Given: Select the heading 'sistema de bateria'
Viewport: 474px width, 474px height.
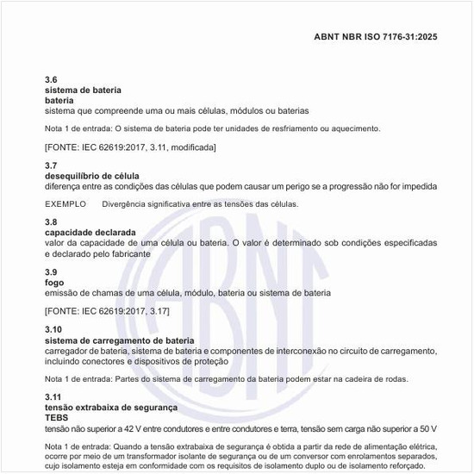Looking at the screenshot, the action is [83, 90].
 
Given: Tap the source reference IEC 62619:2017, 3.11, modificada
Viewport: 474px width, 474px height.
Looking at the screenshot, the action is [130, 148].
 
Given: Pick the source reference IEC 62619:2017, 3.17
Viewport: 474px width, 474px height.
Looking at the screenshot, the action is [107, 310].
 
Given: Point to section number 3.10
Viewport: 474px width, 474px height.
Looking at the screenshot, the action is [53, 330].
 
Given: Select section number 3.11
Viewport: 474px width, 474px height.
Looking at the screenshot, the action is [53, 396].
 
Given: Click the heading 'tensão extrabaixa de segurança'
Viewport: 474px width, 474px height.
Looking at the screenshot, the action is [110, 407].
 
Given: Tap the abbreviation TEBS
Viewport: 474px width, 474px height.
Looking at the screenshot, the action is [56, 417].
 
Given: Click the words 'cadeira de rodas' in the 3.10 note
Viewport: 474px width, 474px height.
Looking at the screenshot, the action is [378, 379].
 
